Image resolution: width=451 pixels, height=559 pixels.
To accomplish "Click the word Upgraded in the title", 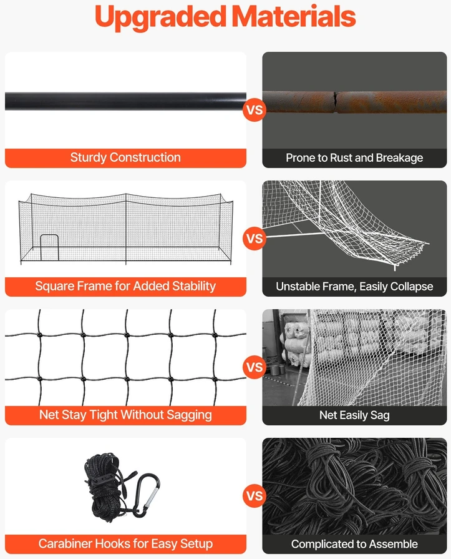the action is coord(160,17).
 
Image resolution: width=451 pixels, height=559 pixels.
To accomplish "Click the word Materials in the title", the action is coord(294,16).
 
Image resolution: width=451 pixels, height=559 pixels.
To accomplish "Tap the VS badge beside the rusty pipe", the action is coord(255,110).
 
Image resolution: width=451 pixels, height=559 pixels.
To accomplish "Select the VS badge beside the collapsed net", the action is coord(255,239).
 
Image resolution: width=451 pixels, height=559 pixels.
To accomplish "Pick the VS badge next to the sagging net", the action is coord(255,367).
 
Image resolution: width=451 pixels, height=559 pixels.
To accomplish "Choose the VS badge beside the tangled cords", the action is coord(255,496).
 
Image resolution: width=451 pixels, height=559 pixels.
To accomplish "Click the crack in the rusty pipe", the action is coord(336,102).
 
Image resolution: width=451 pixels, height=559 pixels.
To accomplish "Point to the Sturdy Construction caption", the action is coord(125,157).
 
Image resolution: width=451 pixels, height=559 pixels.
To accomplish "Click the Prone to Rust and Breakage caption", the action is coord(354,158).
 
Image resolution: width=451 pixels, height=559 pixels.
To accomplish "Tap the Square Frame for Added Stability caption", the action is coord(125,286).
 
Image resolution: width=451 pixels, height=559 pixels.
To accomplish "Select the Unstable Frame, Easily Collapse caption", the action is coord(354,287).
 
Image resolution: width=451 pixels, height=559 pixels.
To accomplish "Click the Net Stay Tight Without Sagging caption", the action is coord(125,415).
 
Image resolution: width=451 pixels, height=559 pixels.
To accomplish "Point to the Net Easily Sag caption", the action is coord(354,415).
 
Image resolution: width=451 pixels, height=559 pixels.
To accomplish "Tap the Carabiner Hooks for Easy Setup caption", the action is coord(125,543).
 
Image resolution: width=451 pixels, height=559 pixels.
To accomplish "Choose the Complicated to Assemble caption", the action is coord(354,544).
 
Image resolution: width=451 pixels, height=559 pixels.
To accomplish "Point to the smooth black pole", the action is coord(125,101).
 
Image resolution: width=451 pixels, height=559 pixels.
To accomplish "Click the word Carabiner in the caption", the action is coord(65,543).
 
